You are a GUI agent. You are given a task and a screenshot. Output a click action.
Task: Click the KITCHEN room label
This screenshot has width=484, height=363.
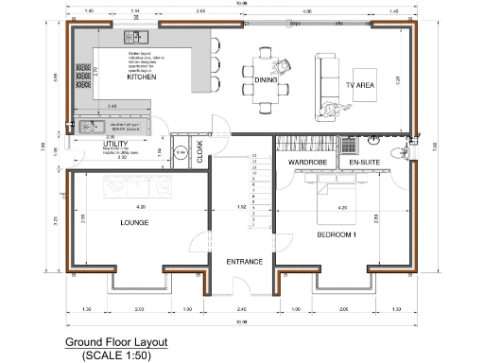point(141,79)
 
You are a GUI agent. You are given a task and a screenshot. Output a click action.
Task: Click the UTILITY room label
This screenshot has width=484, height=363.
point(114,144)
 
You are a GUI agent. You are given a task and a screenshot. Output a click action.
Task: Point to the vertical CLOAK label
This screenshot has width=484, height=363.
point(199,150)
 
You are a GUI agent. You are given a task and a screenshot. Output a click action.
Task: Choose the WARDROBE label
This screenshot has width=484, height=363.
point(306,163)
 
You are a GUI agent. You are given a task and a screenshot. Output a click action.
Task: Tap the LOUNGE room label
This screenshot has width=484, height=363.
point(134,223)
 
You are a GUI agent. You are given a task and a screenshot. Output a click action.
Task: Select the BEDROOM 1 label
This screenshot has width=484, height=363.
point(336,233)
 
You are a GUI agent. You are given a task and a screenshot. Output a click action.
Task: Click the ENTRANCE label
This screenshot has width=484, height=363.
point(244,261)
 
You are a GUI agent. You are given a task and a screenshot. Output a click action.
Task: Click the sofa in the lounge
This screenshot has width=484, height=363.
point(142,189)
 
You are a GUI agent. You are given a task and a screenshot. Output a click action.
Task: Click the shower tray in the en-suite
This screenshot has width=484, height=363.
point(348,146)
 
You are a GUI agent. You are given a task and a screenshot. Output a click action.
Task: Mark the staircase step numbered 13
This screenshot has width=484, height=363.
point(253,154)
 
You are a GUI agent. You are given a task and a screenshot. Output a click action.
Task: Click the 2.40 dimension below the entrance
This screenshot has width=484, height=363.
point(243,309)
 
